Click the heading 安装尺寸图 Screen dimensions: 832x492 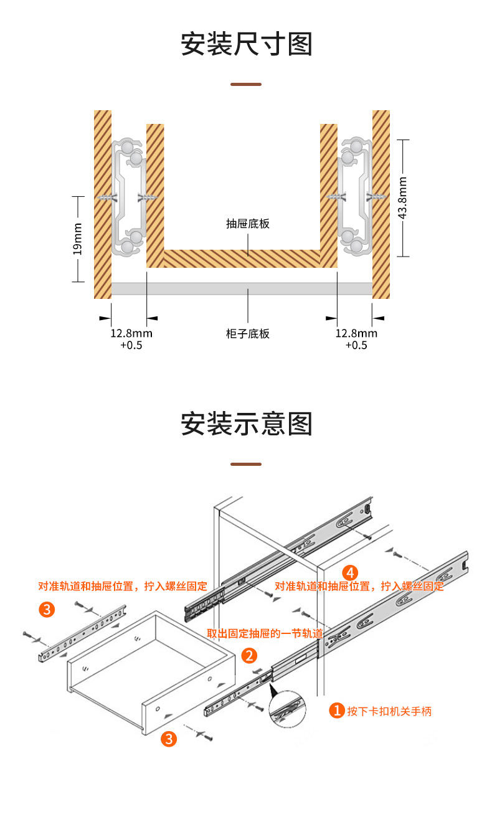pyautogui.click(x=246, y=45)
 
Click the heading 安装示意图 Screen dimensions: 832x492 pyautogui.click(x=246, y=424)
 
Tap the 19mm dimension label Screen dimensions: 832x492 pyautogui.click(x=77, y=239)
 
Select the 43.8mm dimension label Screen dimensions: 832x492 pyautogui.click(x=403, y=198)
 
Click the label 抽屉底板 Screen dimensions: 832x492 pyautogui.click(x=248, y=224)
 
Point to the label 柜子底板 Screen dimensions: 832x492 pyautogui.click(x=248, y=334)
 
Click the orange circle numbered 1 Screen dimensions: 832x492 pyautogui.click(x=337, y=711)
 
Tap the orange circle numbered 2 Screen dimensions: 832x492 pyautogui.click(x=249, y=655)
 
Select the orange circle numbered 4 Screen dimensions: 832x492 pyautogui.click(x=351, y=572)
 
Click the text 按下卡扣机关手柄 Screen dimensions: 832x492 pyautogui.click(x=389, y=711)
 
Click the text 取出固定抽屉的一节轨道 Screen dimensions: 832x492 pyautogui.click(x=265, y=634)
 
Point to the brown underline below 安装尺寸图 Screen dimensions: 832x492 pyautogui.click(x=246, y=84)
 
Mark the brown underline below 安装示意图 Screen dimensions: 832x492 pyautogui.click(x=246, y=464)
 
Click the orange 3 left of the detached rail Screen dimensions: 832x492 pyautogui.click(x=47, y=609)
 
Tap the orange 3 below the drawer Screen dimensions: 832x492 pyautogui.click(x=169, y=739)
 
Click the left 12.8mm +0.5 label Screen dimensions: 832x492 pyautogui.click(x=131, y=339)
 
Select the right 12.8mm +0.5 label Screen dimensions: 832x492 pyautogui.click(x=356, y=339)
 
